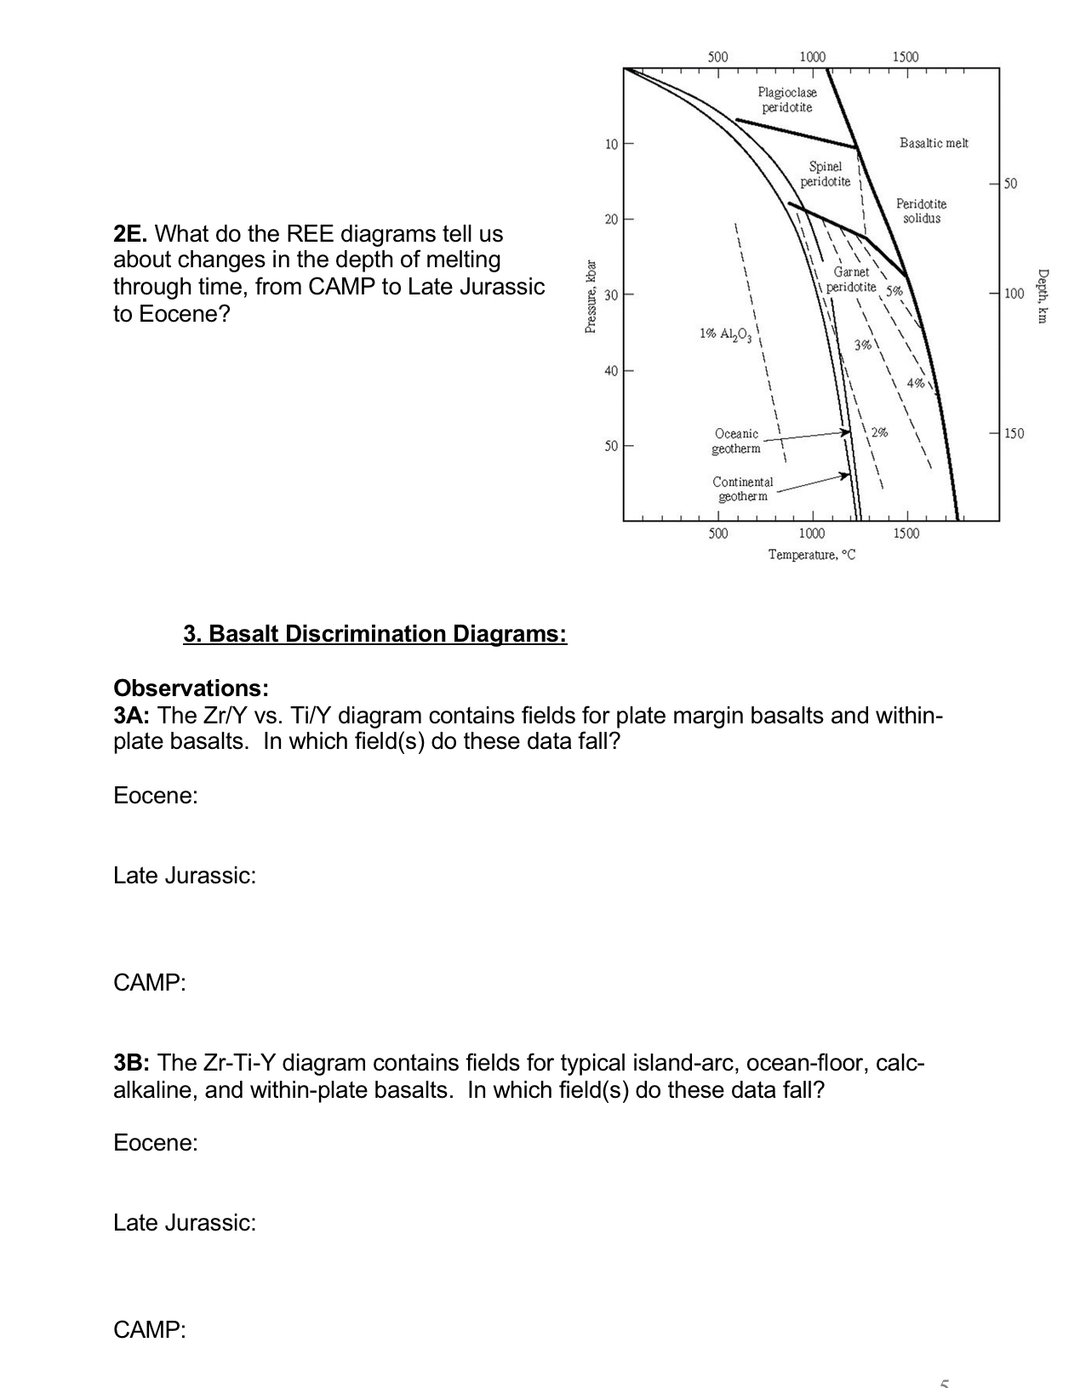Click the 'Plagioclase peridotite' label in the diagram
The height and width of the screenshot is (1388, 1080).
pyautogui.click(x=786, y=100)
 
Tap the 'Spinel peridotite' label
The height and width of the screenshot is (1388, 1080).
pyautogui.click(x=825, y=174)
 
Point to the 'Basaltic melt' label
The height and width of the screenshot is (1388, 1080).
pyautogui.click(x=934, y=143)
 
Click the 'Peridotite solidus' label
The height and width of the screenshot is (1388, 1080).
pyautogui.click(x=921, y=211)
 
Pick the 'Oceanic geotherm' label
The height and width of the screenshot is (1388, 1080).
pyautogui.click(x=736, y=441)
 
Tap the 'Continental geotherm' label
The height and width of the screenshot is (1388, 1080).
pyautogui.click(x=742, y=488)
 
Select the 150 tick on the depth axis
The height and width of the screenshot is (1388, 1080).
pyautogui.click(x=1013, y=434)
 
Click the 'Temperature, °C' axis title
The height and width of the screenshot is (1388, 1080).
pyautogui.click(x=811, y=555)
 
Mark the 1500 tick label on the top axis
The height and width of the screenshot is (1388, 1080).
pyautogui.click(x=906, y=57)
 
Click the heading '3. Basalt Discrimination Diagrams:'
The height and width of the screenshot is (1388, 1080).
pyautogui.click(x=374, y=634)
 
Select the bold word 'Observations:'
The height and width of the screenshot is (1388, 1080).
pyautogui.click(x=191, y=688)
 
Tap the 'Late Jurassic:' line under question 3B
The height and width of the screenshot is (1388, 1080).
pyautogui.click(x=185, y=1223)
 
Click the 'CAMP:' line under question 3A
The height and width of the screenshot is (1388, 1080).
pyautogui.click(x=149, y=983)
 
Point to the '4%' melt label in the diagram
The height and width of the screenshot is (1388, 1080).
pyautogui.click(x=916, y=383)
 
